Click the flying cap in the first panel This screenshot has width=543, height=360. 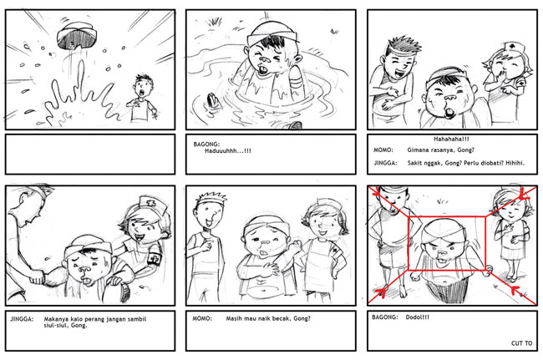click(x=77, y=36)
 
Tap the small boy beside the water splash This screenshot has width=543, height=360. click(x=142, y=98)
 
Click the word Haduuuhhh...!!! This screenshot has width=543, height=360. click(x=228, y=151)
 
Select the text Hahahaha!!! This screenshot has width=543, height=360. click(x=452, y=139)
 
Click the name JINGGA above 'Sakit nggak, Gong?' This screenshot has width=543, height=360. click(x=385, y=163)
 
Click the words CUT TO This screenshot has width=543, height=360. click(x=521, y=343)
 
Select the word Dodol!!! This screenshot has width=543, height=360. click(x=418, y=317)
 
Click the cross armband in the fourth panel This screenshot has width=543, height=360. click(x=155, y=257)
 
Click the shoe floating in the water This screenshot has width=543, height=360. click(x=213, y=101)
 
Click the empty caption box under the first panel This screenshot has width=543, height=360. click(x=90, y=155)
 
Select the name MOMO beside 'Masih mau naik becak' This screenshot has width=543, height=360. click(x=202, y=318)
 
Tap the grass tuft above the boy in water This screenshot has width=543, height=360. click(x=215, y=21)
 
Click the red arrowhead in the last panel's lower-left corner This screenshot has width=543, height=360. click(x=383, y=292)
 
